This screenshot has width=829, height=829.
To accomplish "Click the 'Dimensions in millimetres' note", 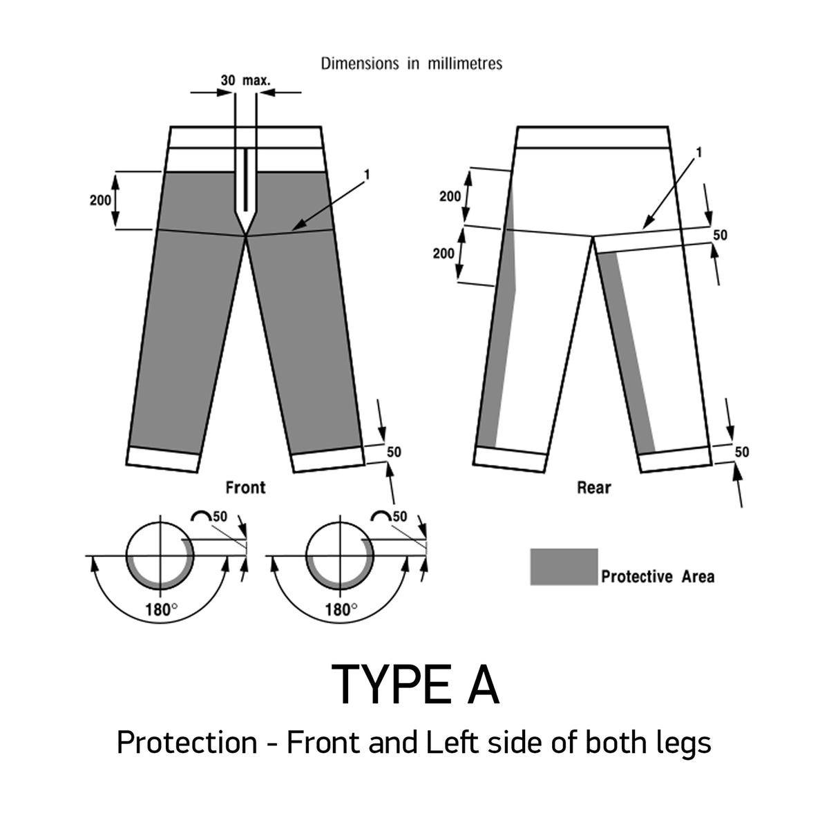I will (412, 64).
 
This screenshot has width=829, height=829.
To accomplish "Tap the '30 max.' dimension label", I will (245, 80).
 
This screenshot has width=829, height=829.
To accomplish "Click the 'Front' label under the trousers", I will (245, 488).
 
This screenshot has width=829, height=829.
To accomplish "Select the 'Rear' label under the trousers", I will (594, 488).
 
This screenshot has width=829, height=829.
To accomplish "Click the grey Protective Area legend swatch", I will (564, 566).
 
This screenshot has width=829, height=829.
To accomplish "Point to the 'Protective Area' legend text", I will (658, 576).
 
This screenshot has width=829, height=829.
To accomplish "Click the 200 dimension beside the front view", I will (101, 200).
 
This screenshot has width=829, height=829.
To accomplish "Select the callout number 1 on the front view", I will (366, 175).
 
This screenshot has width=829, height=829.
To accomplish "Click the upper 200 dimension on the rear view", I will (450, 197).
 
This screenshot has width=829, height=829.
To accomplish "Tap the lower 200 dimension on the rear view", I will (444, 254).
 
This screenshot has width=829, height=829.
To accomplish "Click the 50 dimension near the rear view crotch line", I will (720, 235).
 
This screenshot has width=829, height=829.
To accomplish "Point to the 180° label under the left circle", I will (161, 611).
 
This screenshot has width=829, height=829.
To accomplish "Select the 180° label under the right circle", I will (340, 611).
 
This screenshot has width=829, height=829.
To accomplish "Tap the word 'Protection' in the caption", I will (187, 743).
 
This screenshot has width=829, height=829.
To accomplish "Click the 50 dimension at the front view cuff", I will (394, 452).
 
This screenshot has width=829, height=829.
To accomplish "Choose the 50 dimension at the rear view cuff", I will (741, 452).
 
